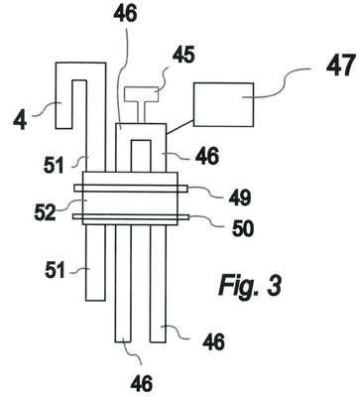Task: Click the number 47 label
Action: [x=341, y=66]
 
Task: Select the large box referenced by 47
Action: [x=223, y=104]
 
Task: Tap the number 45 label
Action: [x=183, y=55]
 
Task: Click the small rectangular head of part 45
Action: [x=141, y=94]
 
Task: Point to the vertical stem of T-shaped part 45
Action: [x=141, y=112]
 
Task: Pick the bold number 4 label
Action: [x=20, y=120]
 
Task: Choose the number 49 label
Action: [x=240, y=198]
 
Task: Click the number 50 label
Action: [x=243, y=227]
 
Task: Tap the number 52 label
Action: [x=46, y=212]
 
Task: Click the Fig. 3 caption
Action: [x=250, y=286]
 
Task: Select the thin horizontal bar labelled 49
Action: [x=131, y=189]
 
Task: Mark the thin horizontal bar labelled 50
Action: [x=131, y=216]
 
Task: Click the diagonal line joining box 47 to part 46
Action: [x=180, y=127]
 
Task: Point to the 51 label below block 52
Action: [x=55, y=271]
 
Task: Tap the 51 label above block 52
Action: [x=54, y=165]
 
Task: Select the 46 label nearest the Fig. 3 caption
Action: [x=213, y=341]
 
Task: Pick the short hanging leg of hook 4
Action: [x=63, y=104]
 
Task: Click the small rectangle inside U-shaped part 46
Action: [x=141, y=156]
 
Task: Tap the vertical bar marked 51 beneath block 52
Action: [x=95, y=263]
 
